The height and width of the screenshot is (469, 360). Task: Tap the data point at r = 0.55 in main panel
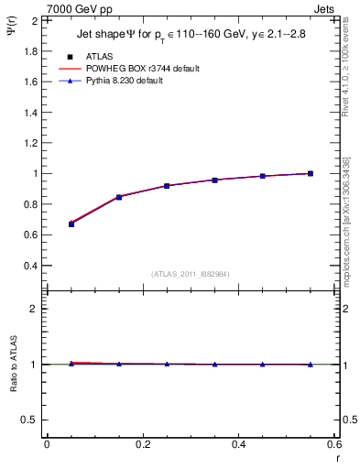click(x=311, y=173)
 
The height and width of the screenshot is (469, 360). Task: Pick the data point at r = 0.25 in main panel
click(x=167, y=186)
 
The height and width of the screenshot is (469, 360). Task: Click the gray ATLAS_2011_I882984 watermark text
click(x=191, y=273)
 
